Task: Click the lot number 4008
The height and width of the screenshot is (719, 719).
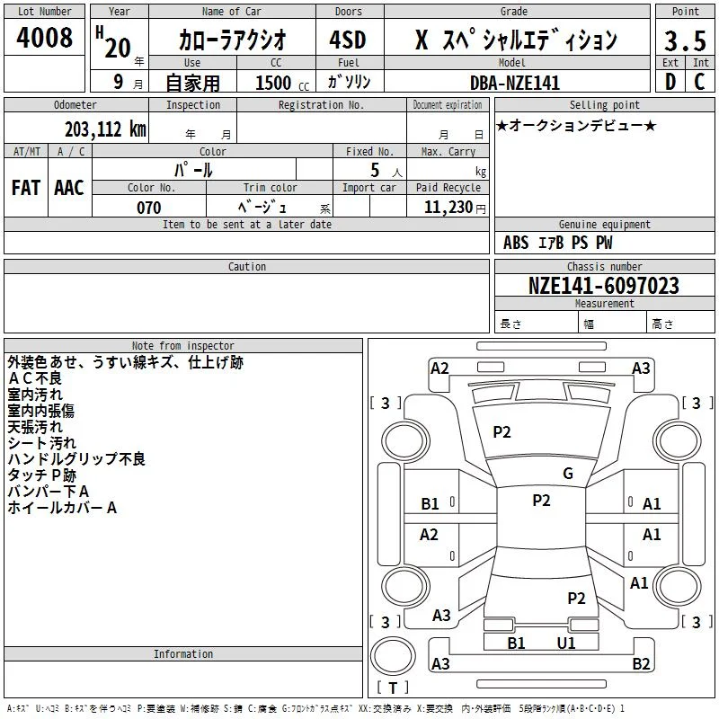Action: click(44, 37)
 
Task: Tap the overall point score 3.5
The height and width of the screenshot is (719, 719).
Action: click(685, 40)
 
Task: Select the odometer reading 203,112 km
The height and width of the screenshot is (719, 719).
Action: click(105, 129)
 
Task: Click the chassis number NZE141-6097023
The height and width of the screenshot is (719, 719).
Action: click(603, 286)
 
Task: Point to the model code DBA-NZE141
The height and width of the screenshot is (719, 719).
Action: click(515, 83)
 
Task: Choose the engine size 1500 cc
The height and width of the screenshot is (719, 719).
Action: click(282, 83)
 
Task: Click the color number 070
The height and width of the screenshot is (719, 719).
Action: click(149, 208)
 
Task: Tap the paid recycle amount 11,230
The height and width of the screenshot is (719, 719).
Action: click(448, 208)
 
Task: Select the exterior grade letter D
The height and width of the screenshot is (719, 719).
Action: click(670, 82)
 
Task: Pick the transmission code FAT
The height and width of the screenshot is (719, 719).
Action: click(26, 188)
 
